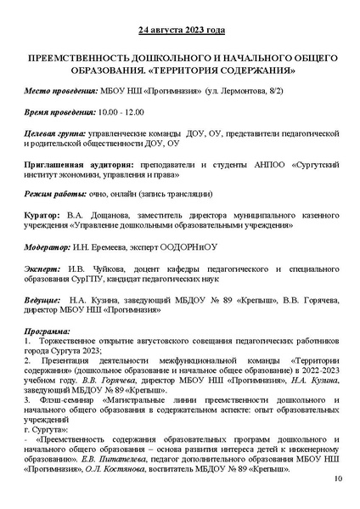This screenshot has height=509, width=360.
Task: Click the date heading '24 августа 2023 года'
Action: (x=180, y=32)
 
